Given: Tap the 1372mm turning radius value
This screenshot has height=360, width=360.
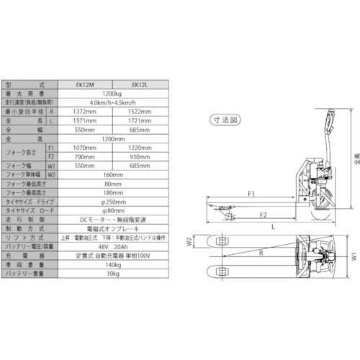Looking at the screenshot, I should coord(86,113).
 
